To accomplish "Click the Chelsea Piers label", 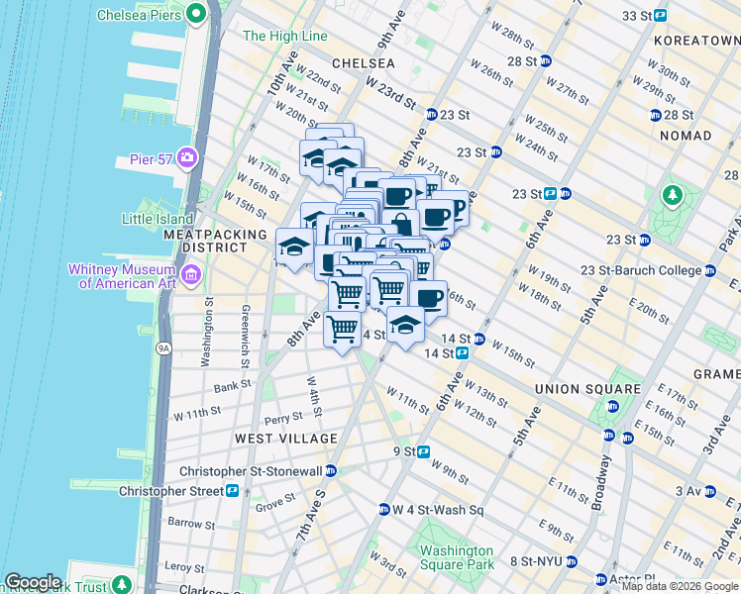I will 140,15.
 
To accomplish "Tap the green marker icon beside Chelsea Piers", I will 196,15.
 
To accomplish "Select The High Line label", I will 284,37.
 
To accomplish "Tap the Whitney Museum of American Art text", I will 121,276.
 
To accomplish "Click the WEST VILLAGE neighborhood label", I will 286,438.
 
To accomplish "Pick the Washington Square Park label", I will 456,557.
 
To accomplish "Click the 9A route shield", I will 164,347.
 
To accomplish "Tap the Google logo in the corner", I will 33,582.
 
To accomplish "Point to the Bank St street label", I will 233,386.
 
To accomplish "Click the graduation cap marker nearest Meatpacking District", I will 295,247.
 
